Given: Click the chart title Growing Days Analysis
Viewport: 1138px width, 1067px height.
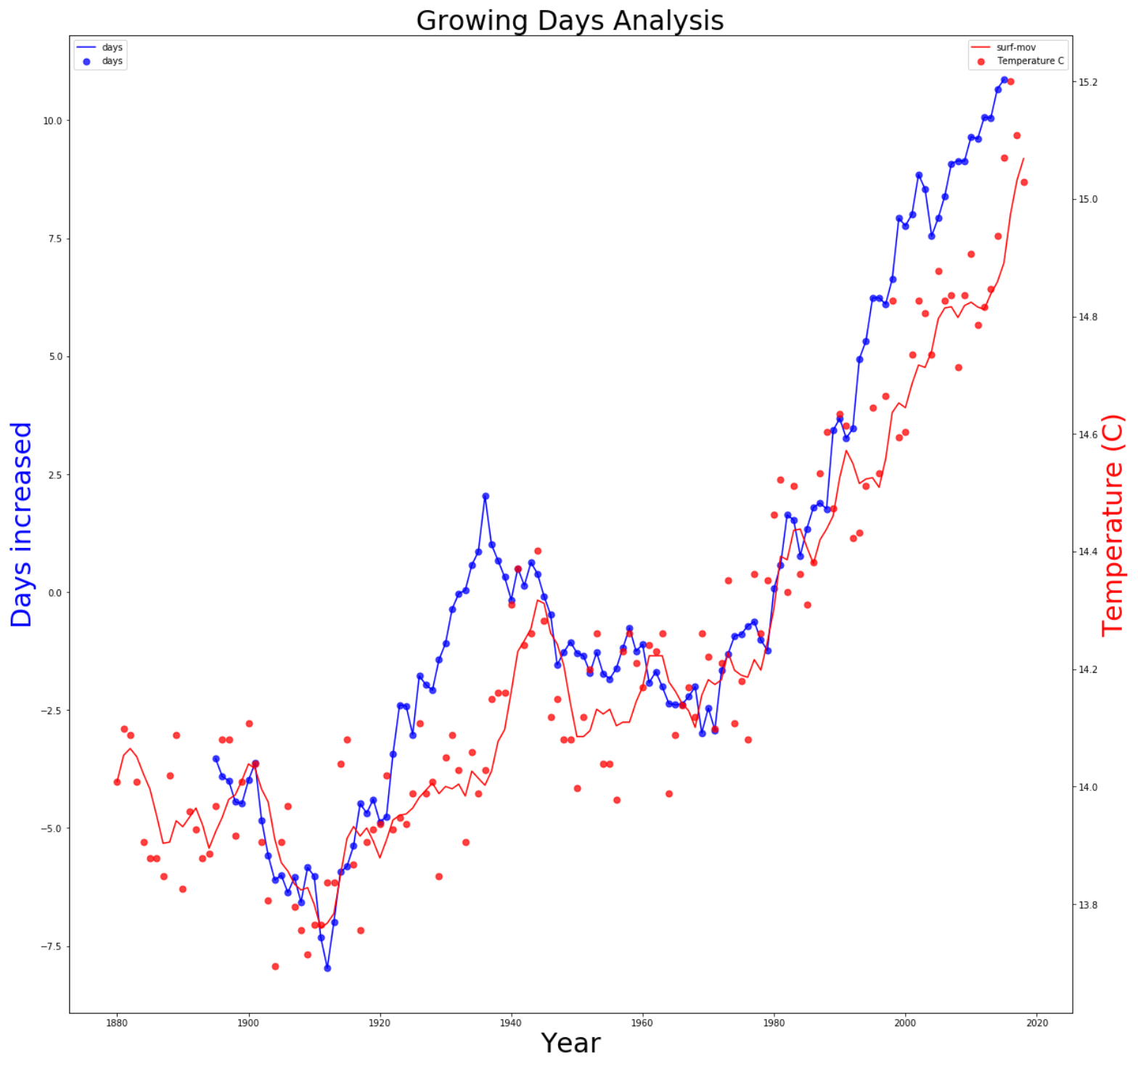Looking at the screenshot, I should click(570, 20).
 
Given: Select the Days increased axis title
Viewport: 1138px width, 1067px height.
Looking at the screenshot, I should click(21, 524).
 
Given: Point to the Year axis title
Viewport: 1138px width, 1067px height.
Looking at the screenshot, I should click(570, 1043).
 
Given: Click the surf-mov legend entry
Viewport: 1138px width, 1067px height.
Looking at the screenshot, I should click(1015, 47).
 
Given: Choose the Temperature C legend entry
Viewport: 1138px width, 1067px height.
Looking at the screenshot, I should click(1030, 61).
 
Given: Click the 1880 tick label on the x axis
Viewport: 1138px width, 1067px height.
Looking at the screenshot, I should click(116, 1023).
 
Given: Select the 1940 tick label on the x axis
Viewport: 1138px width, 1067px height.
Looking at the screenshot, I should click(511, 1023).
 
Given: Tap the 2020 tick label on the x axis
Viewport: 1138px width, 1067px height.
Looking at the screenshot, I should click(1037, 1023).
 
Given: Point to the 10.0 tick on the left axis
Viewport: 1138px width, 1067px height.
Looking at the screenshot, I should click(52, 121).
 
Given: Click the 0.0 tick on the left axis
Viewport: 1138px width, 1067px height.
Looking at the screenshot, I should click(54, 593).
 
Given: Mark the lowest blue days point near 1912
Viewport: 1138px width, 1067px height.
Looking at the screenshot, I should click(327, 968).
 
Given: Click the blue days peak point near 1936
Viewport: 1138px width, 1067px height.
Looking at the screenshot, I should click(486, 496).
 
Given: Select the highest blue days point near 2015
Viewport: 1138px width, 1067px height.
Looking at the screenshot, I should click(1004, 80).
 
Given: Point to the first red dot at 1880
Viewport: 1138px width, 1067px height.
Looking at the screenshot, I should click(117, 782).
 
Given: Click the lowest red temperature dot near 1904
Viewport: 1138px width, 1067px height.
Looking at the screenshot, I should click(275, 966).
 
